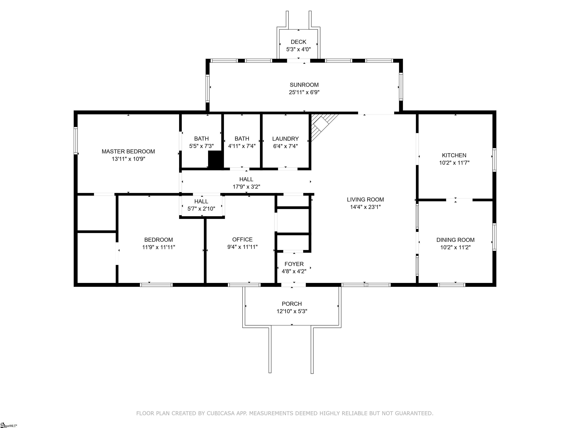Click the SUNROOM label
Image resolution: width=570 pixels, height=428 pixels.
click(x=304, y=85)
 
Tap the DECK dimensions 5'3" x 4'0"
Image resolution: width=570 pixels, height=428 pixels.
click(x=298, y=49)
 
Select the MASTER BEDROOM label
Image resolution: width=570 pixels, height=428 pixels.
click(x=128, y=151)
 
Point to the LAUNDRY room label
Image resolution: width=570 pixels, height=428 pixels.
click(x=286, y=139)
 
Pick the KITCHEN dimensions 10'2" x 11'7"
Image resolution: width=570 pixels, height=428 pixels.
click(x=454, y=163)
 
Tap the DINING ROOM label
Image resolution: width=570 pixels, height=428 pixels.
click(x=455, y=240)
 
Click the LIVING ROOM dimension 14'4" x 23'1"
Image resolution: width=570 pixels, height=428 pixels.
click(x=365, y=207)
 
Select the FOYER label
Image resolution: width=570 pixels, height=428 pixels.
click(x=294, y=264)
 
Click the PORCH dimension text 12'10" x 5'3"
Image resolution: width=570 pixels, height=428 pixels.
click(x=292, y=311)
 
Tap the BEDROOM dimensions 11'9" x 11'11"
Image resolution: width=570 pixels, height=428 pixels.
click(x=158, y=247)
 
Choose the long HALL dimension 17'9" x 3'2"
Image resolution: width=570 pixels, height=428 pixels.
click(x=246, y=187)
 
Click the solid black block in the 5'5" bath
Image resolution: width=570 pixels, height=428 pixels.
click(x=215, y=160)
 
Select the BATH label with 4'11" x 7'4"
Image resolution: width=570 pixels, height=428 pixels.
click(x=242, y=139)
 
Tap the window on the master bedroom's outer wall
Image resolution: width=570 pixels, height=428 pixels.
click(x=76, y=141)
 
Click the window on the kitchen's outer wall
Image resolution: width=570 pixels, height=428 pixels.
click(x=494, y=160)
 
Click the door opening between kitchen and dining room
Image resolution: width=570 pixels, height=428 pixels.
click(x=459, y=200)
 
